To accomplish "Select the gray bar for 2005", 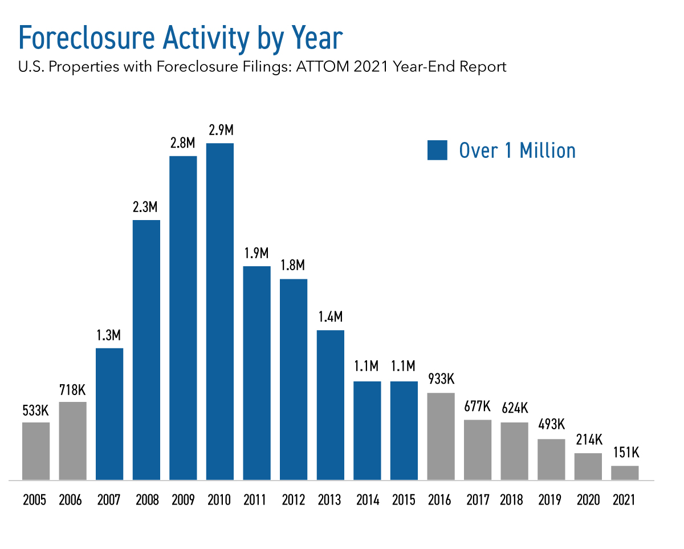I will pyautogui.click(x=36, y=451).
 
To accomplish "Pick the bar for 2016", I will pyautogui.click(x=441, y=436).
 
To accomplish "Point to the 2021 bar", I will pyautogui.click(x=625, y=473).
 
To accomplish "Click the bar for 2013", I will pyautogui.click(x=331, y=405).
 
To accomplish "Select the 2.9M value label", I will pyautogui.click(x=219, y=131).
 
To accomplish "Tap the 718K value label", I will pyautogui.click(x=72, y=391).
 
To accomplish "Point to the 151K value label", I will pyautogui.click(x=625, y=454).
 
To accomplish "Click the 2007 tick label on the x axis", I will pyautogui.click(x=109, y=500).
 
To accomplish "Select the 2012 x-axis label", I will pyautogui.click(x=294, y=500).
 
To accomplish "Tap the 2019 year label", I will pyautogui.click(x=551, y=500).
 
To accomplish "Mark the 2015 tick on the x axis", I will pyautogui.click(x=404, y=500).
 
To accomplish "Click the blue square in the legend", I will pyautogui.click(x=437, y=151).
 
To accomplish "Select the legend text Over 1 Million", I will pyautogui.click(x=517, y=151).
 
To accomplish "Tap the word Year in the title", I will pyautogui.click(x=317, y=39).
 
